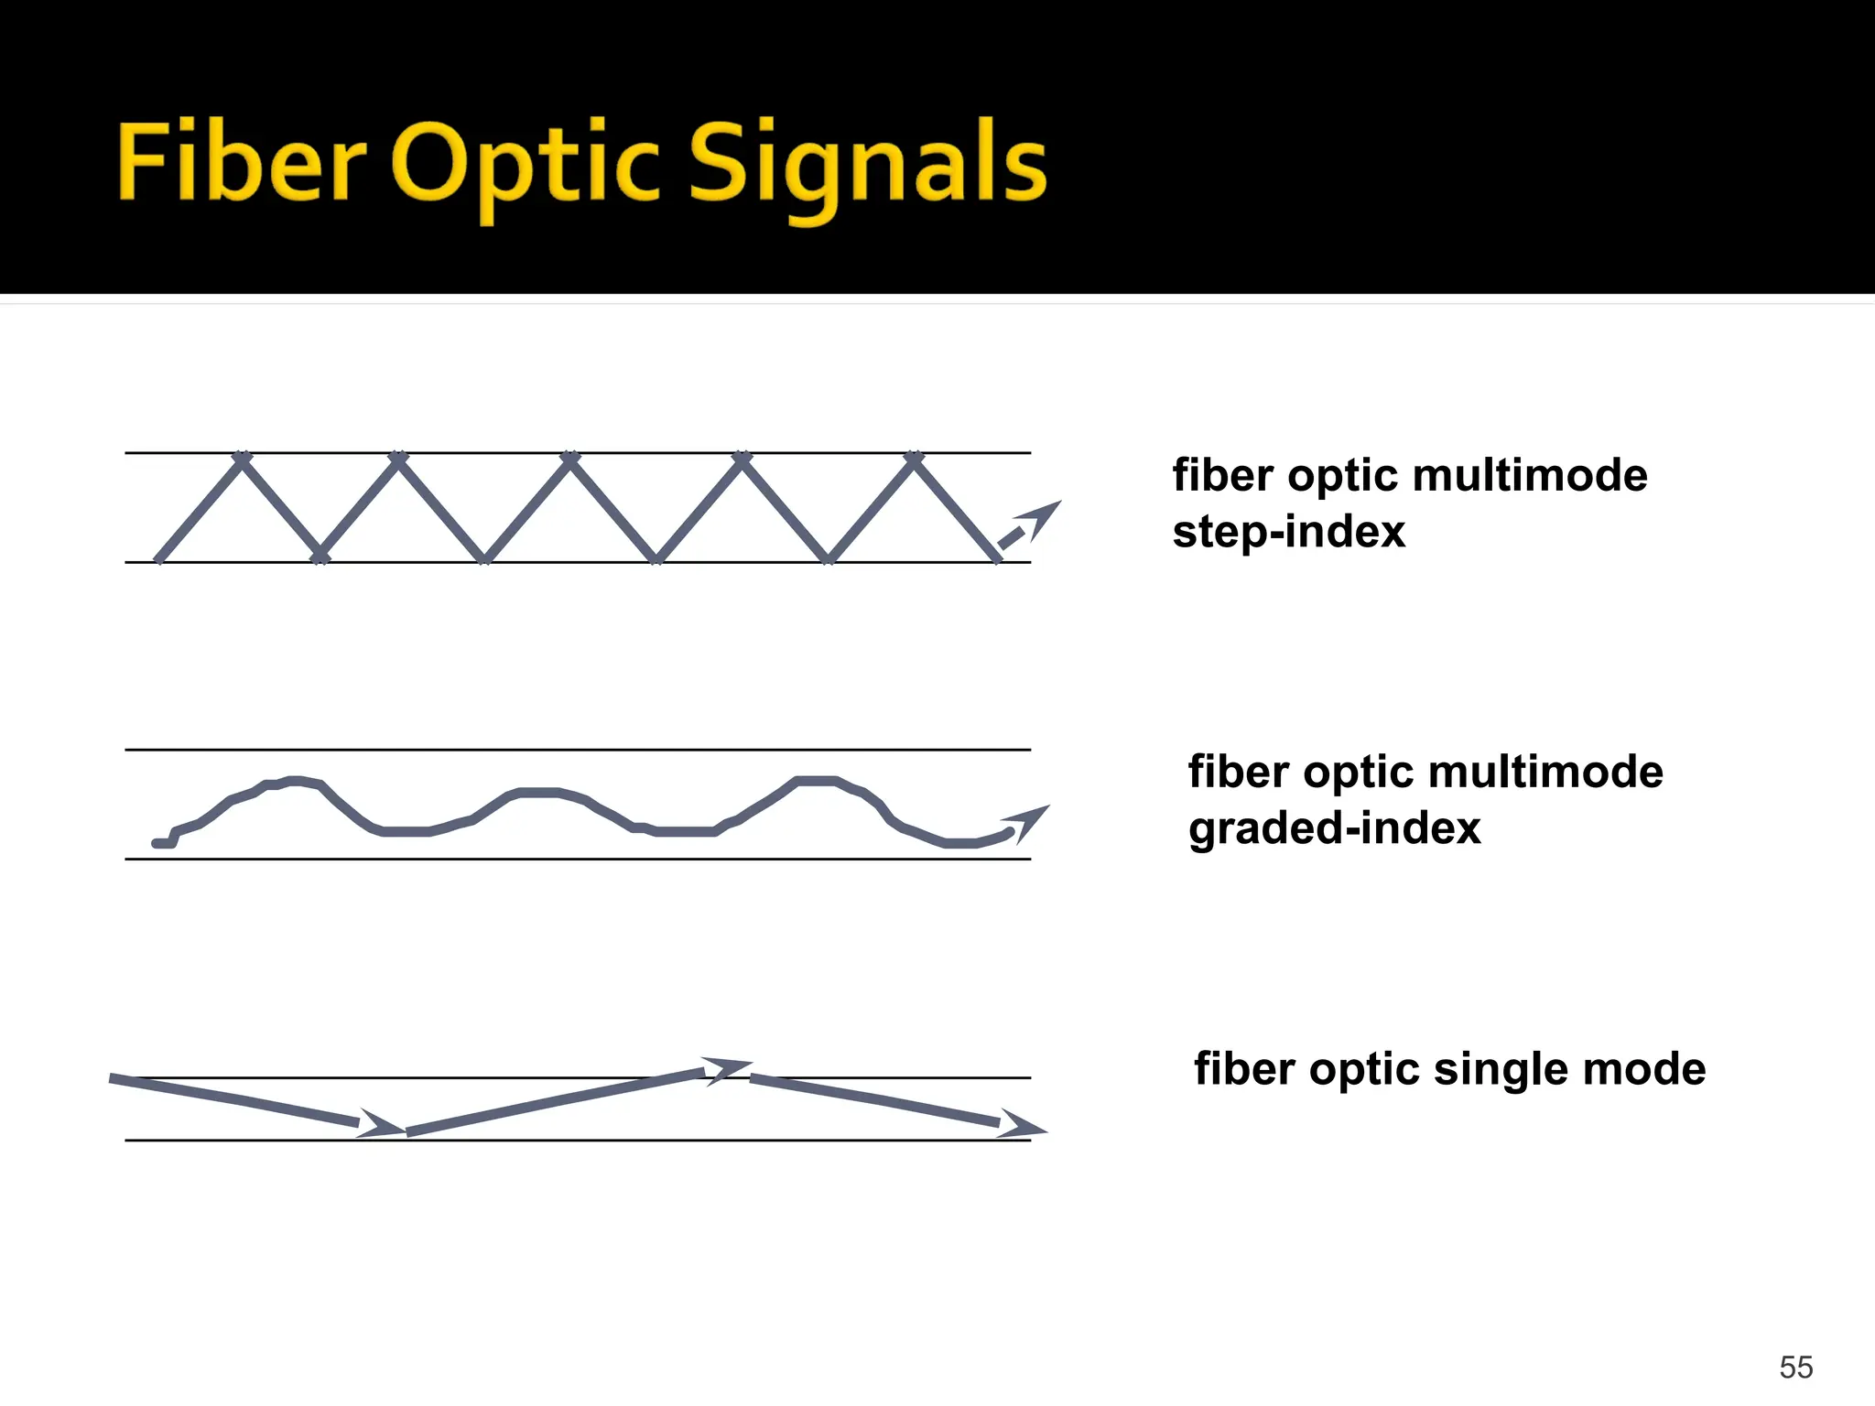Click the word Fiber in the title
[x=241, y=163]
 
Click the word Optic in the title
[x=525, y=165]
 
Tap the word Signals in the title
[x=866, y=165]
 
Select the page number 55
[x=1795, y=1367]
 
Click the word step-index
[x=1288, y=532]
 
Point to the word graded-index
[x=1334, y=828]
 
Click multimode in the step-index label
[x=1529, y=476]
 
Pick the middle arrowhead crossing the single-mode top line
[x=728, y=1069]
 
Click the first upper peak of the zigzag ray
[x=242, y=458]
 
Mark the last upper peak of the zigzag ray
[x=914, y=458]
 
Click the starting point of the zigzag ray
[x=159, y=558]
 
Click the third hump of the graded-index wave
[x=816, y=781]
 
